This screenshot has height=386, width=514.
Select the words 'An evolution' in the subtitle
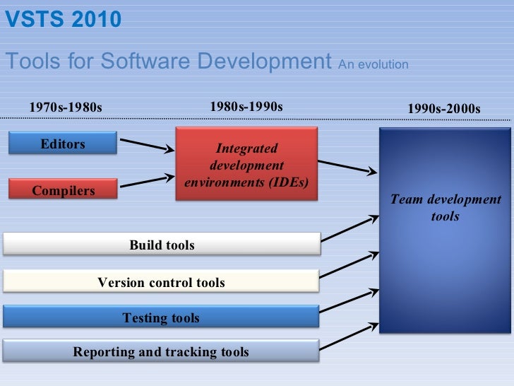(373, 64)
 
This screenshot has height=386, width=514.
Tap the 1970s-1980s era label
(66, 107)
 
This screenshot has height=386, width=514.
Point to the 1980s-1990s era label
(246, 107)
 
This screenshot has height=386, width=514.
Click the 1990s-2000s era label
(444, 109)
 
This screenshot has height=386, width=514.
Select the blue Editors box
(63, 144)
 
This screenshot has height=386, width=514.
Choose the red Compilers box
(63, 189)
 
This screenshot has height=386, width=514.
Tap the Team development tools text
(445, 208)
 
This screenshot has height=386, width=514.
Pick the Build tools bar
(162, 245)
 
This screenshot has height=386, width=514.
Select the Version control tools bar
(162, 282)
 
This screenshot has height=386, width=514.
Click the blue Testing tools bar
(162, 317)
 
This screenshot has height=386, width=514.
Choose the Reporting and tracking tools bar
(162, 351)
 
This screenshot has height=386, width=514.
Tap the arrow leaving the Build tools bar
(350, 230)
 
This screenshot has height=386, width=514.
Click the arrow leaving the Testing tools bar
(350, 299)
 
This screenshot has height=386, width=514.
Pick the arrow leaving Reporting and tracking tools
(350, 333)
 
